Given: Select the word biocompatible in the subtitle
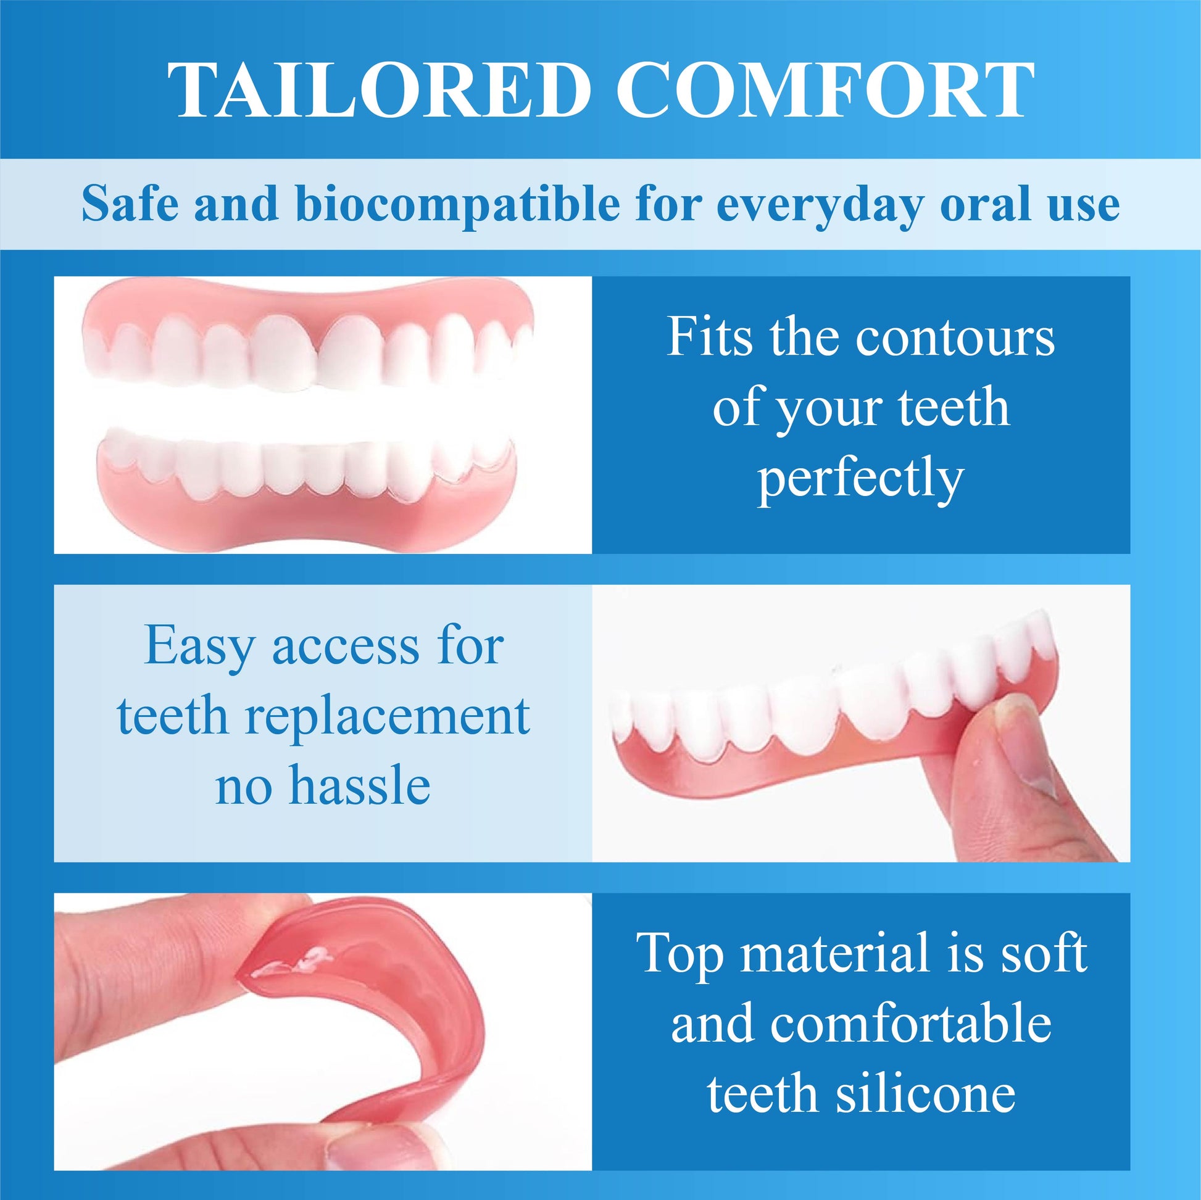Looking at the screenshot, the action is click(457, 204).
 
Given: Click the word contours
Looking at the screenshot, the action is click(955, 339).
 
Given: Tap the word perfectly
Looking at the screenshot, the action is click(860, 479).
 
